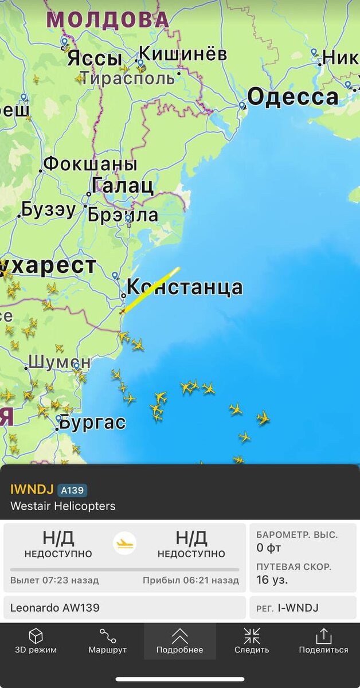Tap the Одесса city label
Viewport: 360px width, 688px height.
[x=292, y=97]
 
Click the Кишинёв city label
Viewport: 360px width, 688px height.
[x=183, y=54]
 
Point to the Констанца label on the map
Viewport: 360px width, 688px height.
[x=185, y=287]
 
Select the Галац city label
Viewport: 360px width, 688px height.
[x=123, y=186]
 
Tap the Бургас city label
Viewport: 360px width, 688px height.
[x=92, y=423]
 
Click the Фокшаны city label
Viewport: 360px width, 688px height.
[x=91, y=164]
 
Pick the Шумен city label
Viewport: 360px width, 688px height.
[x=59, y=362]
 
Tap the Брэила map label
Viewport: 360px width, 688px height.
[x=123, y=215]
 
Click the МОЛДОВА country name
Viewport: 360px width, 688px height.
[x=108, y=20]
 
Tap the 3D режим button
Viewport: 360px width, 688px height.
[x=36, y=641]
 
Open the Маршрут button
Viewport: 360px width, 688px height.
[x=107, y=641]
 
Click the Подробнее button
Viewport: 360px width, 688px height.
[x=179, y=641]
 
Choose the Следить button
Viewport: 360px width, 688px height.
[x=252, y=641]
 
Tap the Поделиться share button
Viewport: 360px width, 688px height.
[x=323, y=641]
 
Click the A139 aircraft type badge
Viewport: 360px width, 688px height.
[x=72, y=490]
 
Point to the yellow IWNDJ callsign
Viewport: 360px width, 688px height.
[x=32, y=490]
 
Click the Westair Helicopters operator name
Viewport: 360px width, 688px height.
[x=62, y=506]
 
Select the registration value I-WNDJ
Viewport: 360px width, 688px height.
[x=298, y=608]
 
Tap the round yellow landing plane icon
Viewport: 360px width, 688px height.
[x=124, y=543]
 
